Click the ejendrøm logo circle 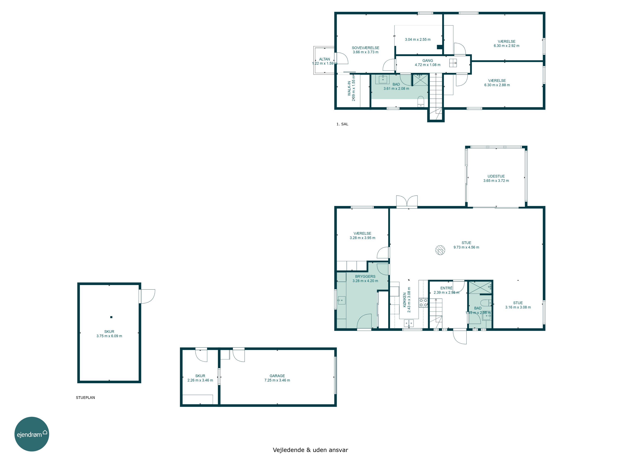pos(32,434)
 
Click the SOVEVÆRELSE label pos(366,48)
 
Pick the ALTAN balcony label pos(325,59)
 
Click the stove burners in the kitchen pos(423,303)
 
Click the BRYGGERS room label pos(365,276)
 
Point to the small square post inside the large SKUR pos(111,317)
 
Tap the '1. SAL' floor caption pos(342,124)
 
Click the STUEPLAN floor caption pos(85,397)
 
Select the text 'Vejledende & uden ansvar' pos(310,450)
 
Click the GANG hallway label pos(428,61)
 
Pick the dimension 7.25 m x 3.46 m pos(277,380)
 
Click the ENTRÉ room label pos(446,288)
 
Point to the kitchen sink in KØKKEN pos(409,323)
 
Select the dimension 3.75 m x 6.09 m pos(109,336)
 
